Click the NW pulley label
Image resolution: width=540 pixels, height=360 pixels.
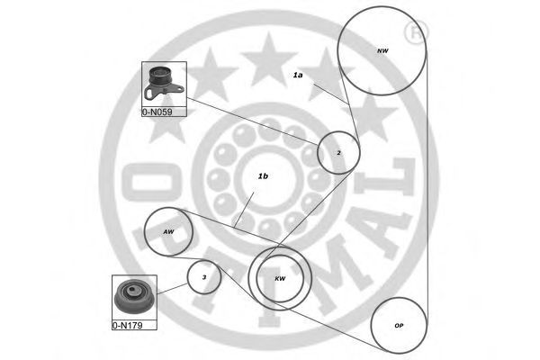coord(382,50)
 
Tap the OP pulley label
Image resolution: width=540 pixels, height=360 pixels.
coord(399,326)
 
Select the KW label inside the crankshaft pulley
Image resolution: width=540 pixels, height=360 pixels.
coord(280,279)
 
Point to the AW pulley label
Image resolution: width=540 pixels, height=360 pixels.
coord(168,232)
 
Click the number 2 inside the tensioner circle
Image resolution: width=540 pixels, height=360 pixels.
coord(339,153)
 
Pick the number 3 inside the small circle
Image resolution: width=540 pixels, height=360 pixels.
coord(204,277)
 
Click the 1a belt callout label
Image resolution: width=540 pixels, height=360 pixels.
coord(298,75)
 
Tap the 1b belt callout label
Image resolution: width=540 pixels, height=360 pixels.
coord(263,176)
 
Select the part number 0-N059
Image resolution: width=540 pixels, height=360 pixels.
coord(157,112)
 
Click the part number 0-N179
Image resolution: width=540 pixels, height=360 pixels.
coord(128,325)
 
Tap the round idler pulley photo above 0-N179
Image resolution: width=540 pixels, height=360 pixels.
coord(133,296)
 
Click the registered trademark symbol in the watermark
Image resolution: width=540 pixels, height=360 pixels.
coord(415,32)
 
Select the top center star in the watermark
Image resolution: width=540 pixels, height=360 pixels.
coord(268,59)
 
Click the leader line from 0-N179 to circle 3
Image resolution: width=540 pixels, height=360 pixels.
coord(172,289)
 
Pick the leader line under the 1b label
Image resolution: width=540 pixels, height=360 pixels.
coord(244,210)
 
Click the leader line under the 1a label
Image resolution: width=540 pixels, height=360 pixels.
coord(331,94)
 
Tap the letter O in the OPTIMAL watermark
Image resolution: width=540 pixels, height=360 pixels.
coord(151,182)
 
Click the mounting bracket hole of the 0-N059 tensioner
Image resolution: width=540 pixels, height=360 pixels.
coord(148,94)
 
